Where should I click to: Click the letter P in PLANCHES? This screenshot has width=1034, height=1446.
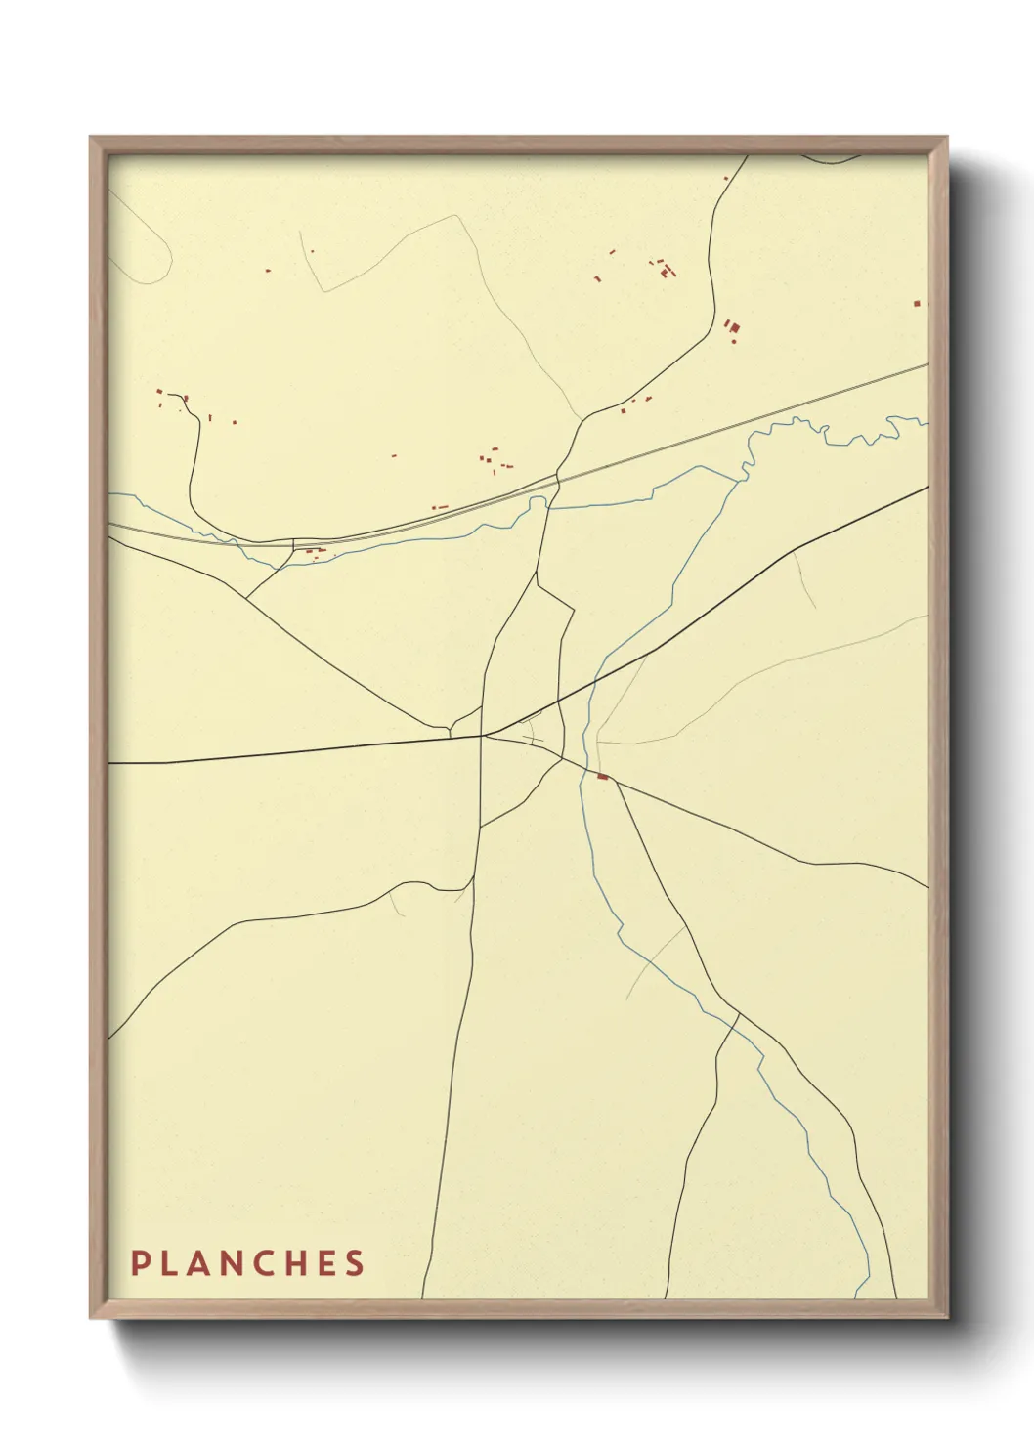[x=139, y=1263]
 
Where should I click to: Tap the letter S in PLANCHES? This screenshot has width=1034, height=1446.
[x=355, y=1263]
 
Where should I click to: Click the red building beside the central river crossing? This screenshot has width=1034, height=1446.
[x=602, y=777]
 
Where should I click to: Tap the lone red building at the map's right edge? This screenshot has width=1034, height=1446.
[x=916, y=304]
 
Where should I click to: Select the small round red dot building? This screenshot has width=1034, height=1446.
[x=312, y=251]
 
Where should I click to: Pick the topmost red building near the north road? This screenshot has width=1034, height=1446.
[x=726, y=178]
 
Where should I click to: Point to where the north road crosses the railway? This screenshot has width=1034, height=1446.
[x=558, y=477]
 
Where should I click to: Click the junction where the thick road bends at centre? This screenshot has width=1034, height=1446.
[x=483, y=735]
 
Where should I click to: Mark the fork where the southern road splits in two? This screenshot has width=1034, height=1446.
[x=737, y=1016]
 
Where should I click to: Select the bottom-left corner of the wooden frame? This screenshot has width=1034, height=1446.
[x=91, y=1318]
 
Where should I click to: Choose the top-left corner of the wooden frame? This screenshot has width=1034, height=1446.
[x=91, y=138]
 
